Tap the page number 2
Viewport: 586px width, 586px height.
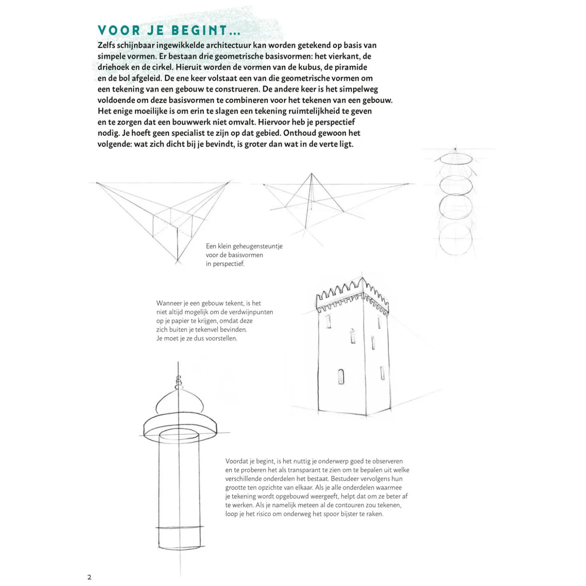pos(89,577)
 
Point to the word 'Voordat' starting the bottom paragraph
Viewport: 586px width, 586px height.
pos(237,461)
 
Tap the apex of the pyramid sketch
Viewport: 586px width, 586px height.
pos(311,174)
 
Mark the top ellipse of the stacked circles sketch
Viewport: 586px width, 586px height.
pos(455,158)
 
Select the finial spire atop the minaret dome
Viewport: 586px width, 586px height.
pos(179,379)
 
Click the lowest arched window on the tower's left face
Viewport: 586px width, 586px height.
pos(341,376)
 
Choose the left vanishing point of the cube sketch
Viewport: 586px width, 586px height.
pos(97,183)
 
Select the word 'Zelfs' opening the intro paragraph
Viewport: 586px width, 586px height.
pos(106,45)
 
